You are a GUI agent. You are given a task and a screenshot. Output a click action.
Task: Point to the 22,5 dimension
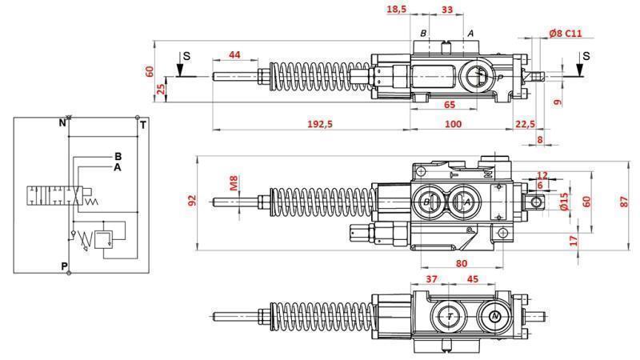524,124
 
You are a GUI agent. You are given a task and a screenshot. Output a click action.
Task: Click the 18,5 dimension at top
397,9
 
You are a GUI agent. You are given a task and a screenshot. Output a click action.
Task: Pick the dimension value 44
234,54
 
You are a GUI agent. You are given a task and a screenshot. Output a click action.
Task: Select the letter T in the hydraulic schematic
142,125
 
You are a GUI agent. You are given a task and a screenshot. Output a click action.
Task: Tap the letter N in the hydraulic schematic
62,123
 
